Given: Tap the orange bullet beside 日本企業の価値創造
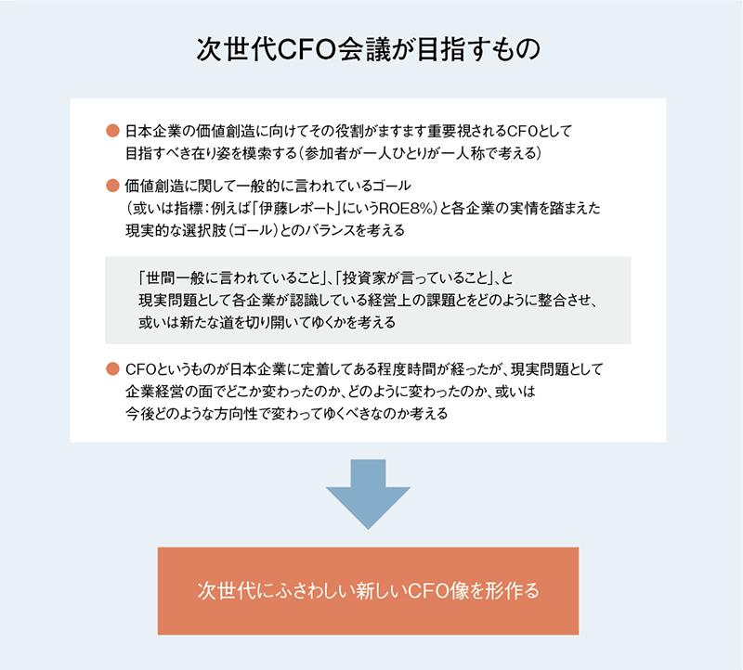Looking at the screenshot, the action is tap(112, 131).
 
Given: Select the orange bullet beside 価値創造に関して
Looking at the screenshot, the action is tap(112, 186).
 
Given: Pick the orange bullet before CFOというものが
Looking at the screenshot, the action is tap(112, 368).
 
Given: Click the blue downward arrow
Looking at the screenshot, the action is tap(368, 494).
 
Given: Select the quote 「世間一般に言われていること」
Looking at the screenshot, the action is tap(231, 278).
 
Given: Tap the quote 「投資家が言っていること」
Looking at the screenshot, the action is tap(414, 278).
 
